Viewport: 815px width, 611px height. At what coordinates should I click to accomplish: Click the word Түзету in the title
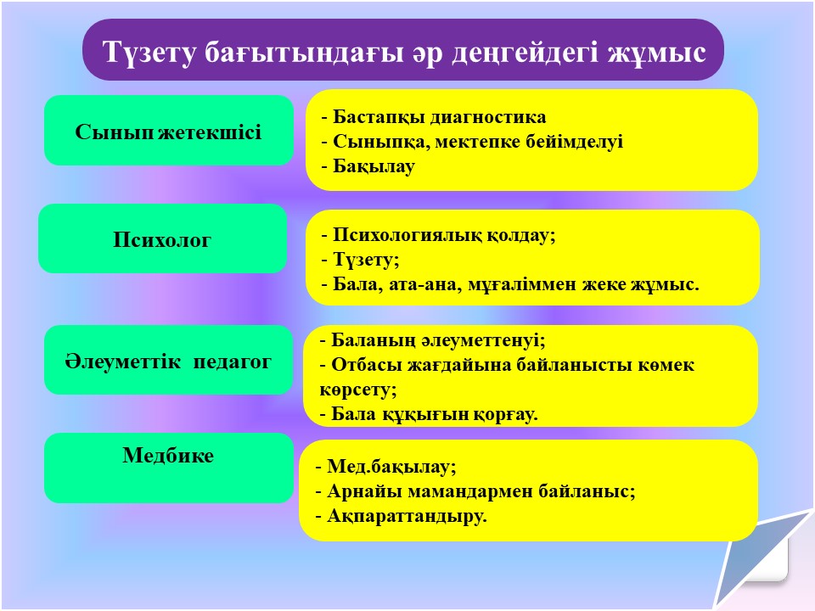point(149,52)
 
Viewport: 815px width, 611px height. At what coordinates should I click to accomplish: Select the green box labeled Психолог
point(163,238)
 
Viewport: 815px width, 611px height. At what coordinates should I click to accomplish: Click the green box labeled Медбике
point(169,468)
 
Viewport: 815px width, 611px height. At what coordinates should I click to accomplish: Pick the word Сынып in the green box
point(114,132)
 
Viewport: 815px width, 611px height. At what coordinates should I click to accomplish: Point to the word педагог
point(233,362)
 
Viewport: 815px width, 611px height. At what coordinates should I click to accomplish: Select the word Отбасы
point(367,365)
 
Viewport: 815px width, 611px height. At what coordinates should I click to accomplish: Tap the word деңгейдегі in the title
point(525,53)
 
